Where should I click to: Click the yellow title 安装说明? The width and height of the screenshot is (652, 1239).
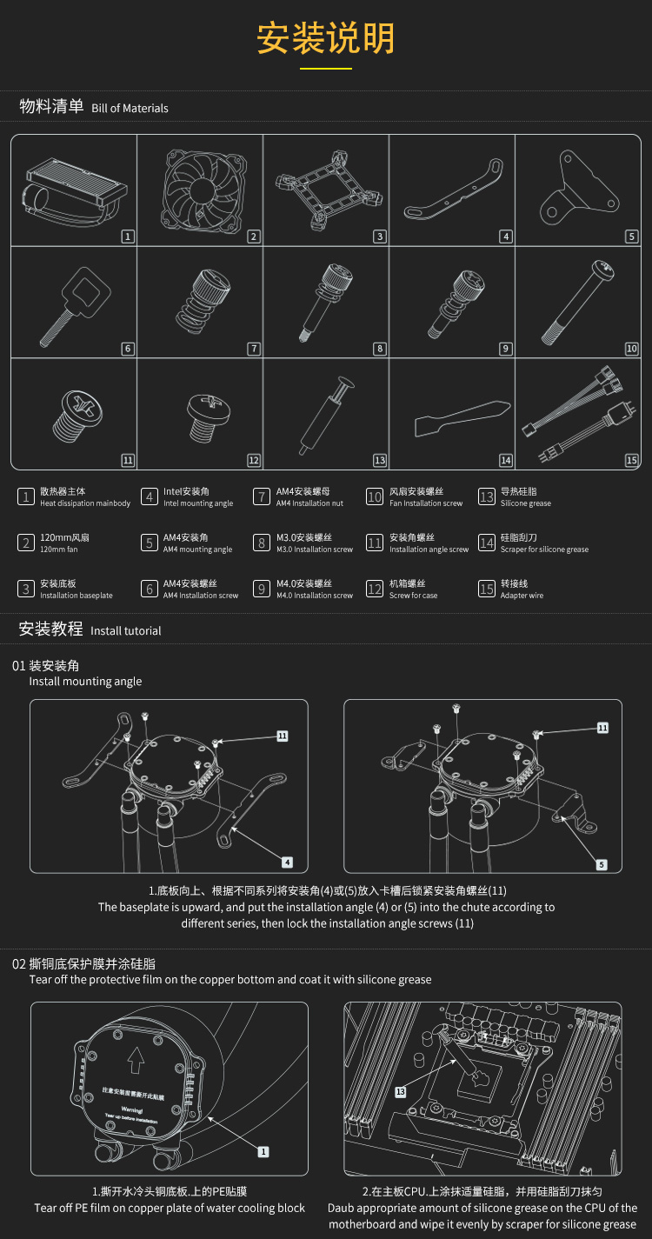pyautogui.click(x=326, y=38)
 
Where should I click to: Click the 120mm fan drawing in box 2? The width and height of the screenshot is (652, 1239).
pyautogui.click(x=200, y=189)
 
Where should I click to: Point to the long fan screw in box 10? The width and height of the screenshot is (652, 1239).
pyautogui.click(x=577, y=301)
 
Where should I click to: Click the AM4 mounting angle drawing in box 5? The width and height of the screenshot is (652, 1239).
pyautogui.click(x=577, y=187)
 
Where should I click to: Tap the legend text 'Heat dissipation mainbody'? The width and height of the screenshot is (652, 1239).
pyautogui.click(x=85, y=503)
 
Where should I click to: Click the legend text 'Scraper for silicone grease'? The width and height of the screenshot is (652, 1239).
pyautogui.click(x=544, y=550)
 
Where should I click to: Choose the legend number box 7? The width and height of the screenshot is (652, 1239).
pyautogui.click(x=261, y=496)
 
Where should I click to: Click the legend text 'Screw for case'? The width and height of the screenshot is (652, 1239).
pyautogui.click(x=413, y=596)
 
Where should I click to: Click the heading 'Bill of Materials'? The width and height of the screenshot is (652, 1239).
pyautogui.click(x=130, y=109)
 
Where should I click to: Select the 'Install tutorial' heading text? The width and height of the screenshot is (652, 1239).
pyautogui.click(x=125, y=631)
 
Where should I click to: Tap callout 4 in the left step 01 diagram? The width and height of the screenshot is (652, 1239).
pyautogui.click(x=287, y=863)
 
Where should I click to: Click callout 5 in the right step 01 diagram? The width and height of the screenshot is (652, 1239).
pyautogui.click(x=602, y=864)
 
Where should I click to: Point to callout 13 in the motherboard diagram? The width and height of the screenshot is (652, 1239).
pyautogui.click(x=400, y=1091)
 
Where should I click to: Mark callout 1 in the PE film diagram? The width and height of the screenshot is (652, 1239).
pyautogui.click(x=263, y=1151)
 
